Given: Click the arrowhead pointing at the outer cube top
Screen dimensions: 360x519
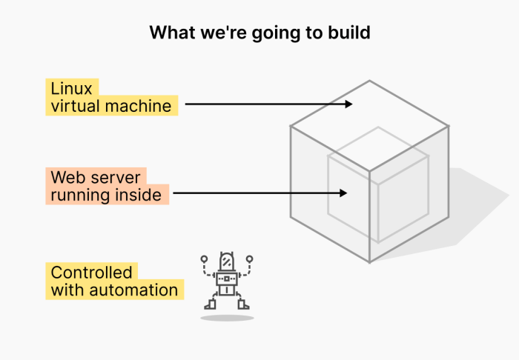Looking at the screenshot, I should point(349,104).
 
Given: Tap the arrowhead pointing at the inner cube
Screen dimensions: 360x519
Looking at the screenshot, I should point(343,193).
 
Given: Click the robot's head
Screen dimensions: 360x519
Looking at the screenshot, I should point(226,261).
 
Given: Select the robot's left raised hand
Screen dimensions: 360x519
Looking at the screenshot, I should point(204,259).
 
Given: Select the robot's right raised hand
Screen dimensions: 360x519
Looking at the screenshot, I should point(250,259).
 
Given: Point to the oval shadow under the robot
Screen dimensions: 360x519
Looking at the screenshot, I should point(227,318).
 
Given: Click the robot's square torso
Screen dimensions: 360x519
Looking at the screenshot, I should point(227,279).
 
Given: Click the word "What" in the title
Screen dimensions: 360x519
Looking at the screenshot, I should point(168,33).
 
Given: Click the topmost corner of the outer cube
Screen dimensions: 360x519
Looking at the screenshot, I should point(369,80).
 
